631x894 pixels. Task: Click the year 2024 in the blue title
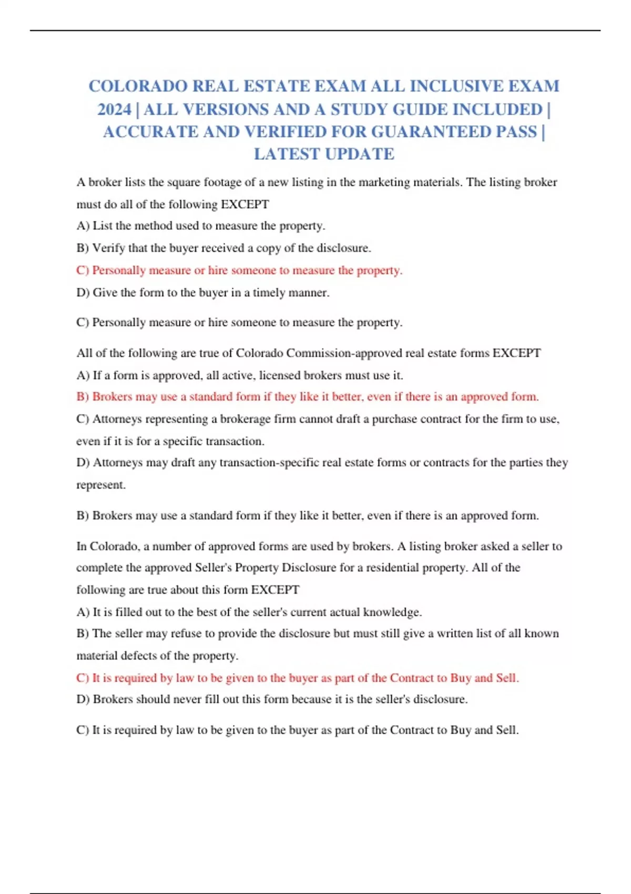click(x=114, y=109)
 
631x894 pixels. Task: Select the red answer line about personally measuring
click(x=239, y=270)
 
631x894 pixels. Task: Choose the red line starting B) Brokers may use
click(x=308, y=397)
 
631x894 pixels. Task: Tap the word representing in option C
click(x=177, y=419)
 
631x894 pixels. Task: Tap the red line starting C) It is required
click(x=298, y=678)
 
